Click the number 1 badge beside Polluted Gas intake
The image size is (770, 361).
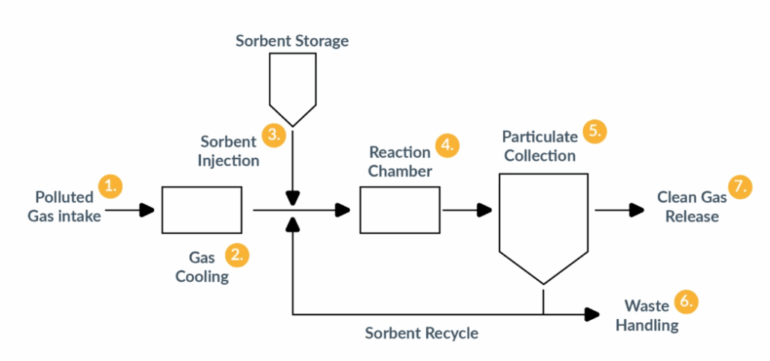tap(111, 185)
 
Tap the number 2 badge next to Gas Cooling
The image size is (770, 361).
tap(237, 255)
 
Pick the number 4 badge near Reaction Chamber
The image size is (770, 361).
tap(446, 145)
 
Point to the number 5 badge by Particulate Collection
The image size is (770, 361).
tap(594, 131)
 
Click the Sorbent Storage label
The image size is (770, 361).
tap(292, 41)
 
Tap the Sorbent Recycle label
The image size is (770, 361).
tap(422, 333)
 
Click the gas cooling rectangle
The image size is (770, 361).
tap(202, 211)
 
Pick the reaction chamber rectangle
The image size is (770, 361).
tap(400, 211)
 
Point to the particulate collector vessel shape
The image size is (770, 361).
tap(543, 220)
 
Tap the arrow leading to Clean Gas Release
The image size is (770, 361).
tap(620, 211)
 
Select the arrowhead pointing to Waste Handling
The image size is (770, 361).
tap(594, 314)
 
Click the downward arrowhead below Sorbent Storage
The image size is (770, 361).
tap(293, 197)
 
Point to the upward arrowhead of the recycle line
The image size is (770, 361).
tap(293, 223)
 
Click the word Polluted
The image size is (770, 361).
tap(64, 197)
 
